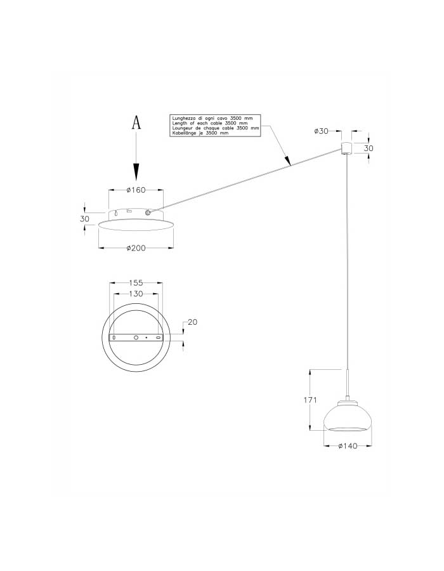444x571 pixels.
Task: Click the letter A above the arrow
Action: pos(136,122)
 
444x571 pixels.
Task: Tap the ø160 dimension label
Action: pos(136,190)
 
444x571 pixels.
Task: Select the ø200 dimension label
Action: pos(136,248)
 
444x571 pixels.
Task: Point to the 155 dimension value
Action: pos(136,282)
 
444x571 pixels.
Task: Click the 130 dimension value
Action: pos(136,294)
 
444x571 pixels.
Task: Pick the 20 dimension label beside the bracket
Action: pos(193,322)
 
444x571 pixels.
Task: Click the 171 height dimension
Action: pos(310,400)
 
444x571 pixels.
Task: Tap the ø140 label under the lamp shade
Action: pos(348,446)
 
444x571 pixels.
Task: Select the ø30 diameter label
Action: pos(321,131)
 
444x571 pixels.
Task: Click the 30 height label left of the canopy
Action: pos(84,219)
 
